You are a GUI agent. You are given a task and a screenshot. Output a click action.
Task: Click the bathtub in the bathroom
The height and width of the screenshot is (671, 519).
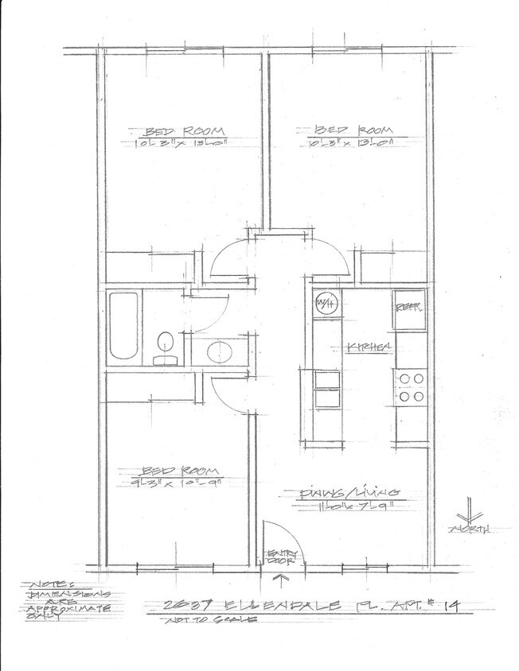coord(123,325)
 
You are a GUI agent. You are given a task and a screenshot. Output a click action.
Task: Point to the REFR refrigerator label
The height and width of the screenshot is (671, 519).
coord(408,305)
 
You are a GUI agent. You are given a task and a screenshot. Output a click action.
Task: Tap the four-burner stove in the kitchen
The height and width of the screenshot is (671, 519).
coord(412,387)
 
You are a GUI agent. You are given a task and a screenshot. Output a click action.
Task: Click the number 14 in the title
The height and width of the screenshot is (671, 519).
coord(450,606)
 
